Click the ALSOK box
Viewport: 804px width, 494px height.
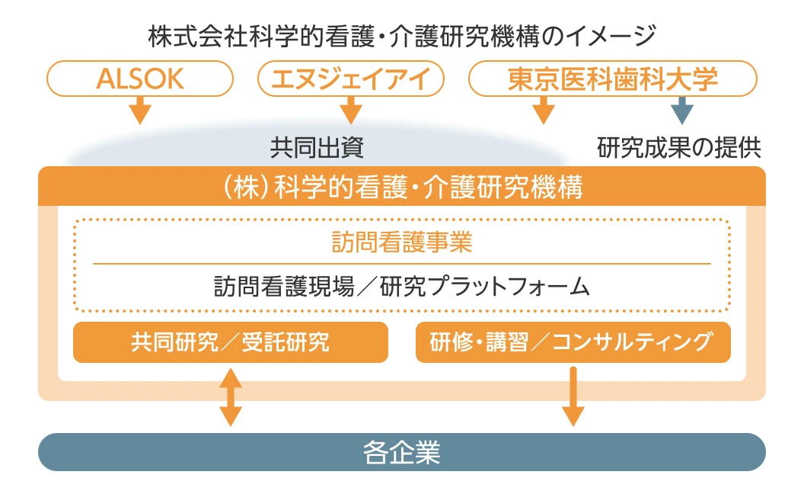(139, 79)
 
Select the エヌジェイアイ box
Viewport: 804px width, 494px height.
(350, 79)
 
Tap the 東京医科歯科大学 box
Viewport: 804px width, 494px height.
(612, 79)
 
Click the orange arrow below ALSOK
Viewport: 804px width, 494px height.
(139, 111)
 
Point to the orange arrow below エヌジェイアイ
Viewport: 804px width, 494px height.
(350, 111)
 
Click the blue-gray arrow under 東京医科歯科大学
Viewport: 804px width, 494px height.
(682, 111)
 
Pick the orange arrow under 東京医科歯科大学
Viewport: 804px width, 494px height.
(543, 111)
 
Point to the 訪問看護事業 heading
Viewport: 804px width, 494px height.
(401, 242)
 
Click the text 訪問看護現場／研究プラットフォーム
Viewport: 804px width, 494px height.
(401, 287)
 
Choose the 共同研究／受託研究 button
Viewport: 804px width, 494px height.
(230, 342)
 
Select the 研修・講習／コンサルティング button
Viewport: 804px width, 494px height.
(573, 342)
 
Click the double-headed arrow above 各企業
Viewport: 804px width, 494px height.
(230, 396)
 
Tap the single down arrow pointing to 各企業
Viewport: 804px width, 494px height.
(573, 396)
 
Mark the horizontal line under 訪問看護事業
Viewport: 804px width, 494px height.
(401, 264)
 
